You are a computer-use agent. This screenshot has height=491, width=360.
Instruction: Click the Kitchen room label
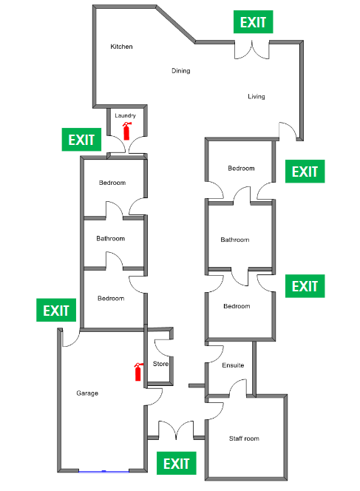point(121,47)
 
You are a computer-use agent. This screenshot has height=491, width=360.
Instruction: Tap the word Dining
point(181,71)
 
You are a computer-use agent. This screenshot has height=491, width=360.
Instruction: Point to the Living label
point(257,96)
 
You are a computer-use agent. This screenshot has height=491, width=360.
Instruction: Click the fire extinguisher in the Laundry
point(126,131)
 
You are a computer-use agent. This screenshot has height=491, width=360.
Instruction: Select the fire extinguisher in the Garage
point(138,372)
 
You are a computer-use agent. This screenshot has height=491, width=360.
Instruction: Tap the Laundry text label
point(125,115)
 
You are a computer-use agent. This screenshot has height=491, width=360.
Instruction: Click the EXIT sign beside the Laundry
point(81,140)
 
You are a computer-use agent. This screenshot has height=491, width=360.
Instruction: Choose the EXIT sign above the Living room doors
point(254,22)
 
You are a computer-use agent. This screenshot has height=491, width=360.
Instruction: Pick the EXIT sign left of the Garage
point(56,310)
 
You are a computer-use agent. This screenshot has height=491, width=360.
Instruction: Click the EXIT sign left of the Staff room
point(177,463)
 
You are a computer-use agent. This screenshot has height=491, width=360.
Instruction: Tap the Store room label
point(160,364)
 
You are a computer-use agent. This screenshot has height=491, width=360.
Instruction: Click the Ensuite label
point(233,365)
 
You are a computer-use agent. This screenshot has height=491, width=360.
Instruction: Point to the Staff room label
point(244,438)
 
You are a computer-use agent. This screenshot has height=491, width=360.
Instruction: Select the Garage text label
point(87,393)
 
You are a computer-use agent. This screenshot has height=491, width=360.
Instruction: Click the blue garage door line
point(103,471)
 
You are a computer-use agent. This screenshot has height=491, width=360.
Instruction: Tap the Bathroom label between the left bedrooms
point(110,239)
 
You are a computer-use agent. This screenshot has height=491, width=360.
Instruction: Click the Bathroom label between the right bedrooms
point(235,240)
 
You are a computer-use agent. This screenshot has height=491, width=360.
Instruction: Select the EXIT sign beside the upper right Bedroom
point(305,172)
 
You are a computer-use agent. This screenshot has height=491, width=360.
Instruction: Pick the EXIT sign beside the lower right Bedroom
point(305,286)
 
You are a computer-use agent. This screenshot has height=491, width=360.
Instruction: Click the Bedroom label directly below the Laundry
point(112,183)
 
